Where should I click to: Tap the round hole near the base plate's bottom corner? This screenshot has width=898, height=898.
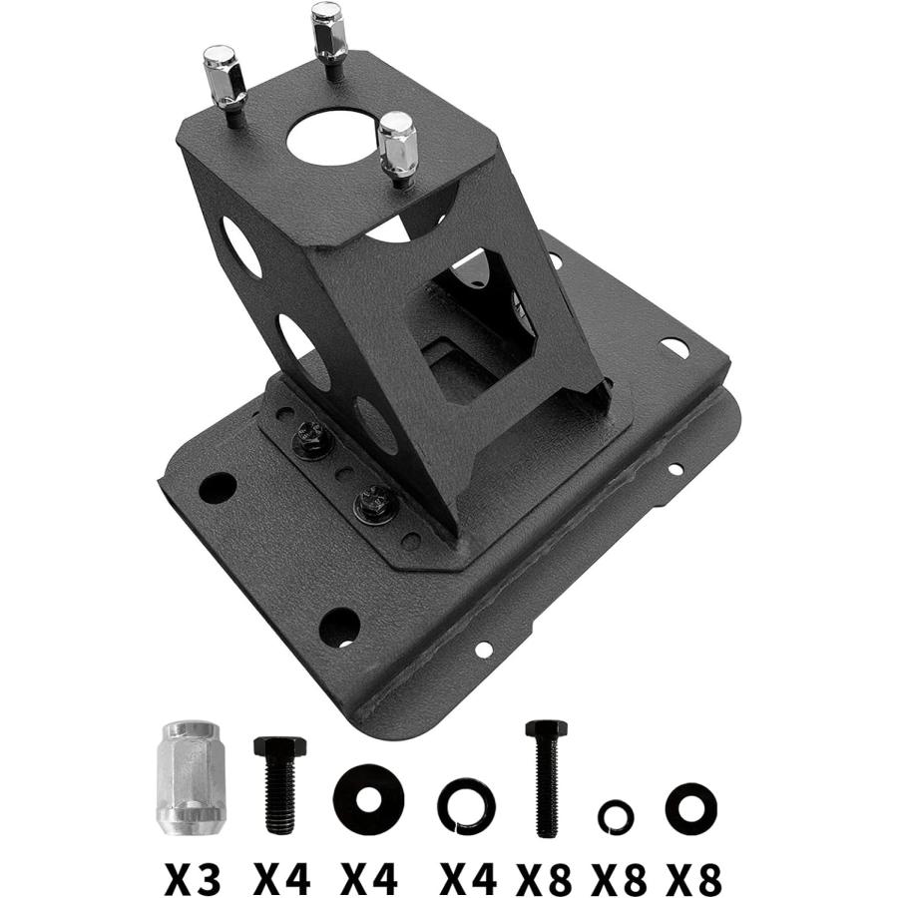click(339, 627)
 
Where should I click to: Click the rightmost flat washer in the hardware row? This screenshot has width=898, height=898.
click(691, 806)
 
